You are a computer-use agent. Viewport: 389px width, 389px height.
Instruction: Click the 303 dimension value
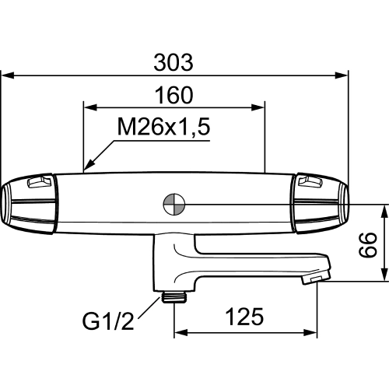(x=173, y=62)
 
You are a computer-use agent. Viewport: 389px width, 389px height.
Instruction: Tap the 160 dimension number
(x=173, y=95)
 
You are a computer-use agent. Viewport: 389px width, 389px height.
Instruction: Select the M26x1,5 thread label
(x=163, y=127)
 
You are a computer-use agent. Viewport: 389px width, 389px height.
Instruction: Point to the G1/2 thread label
(x=108, y=321)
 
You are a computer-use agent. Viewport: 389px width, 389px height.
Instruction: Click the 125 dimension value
(x=244, y=317)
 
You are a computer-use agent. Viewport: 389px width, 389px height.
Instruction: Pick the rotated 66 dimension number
(x=368, y=244)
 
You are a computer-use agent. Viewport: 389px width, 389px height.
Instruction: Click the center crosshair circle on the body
(x=174, y=204)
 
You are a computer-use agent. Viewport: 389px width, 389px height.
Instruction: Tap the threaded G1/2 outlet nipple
(x=174, y=297)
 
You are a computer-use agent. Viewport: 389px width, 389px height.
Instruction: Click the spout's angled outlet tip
(x=316, y=277)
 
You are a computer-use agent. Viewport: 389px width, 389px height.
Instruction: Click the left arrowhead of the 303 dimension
(x=7, y=75)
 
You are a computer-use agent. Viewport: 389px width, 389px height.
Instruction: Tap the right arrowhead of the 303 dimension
(x=341, y=75)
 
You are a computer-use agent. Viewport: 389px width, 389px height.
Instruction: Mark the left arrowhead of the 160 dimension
(x=90, y=107)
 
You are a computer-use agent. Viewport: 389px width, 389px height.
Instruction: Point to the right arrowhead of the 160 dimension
(x=258, y=107)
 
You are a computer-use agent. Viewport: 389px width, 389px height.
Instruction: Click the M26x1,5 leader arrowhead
(x=89, y=165)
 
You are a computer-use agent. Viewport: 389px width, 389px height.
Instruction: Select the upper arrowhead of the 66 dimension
(x=384, y=212)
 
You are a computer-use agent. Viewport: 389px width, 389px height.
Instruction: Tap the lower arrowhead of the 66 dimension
(x=384, y=275)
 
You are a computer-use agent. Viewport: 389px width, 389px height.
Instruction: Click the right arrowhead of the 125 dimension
(x=310, y=333)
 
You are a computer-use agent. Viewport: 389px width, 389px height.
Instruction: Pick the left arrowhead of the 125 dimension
(x=180, y=333)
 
